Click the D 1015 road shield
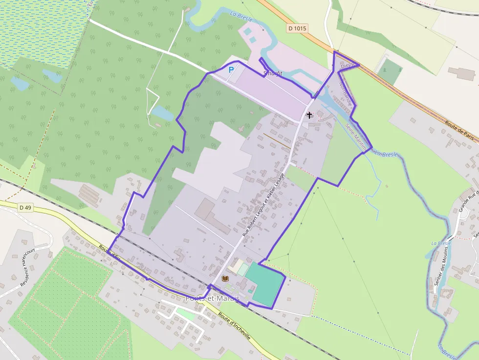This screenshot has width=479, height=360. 297,28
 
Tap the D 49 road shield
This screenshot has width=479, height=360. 25,208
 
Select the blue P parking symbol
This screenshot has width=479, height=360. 231,70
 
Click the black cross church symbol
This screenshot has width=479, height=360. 309,115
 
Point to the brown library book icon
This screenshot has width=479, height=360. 225,278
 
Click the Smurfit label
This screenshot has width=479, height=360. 273,74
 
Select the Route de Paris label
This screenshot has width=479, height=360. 461,131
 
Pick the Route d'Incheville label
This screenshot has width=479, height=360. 234,325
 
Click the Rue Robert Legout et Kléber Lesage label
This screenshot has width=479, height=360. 263,203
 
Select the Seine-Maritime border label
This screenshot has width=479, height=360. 356,135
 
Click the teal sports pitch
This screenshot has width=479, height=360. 264,285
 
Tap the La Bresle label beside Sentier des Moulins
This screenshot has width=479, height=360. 440,243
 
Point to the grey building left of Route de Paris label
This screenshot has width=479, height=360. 461,74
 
